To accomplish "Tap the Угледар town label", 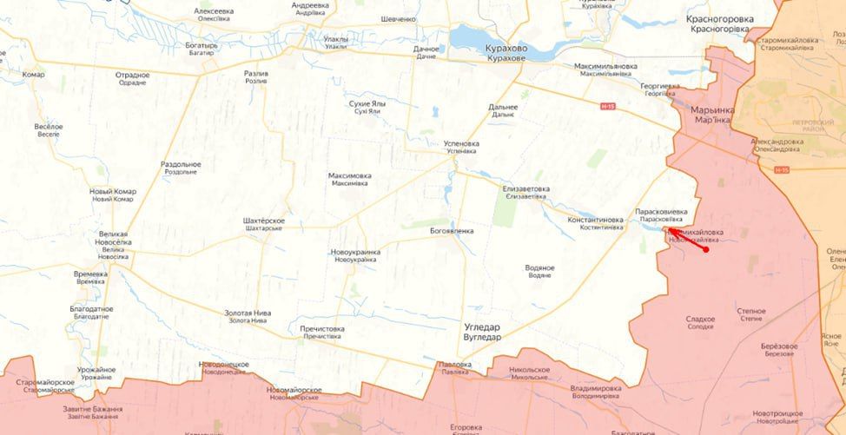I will pos(482,327).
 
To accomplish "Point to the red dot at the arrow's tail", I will pos(706,249).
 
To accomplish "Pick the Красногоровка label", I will pos(717,18).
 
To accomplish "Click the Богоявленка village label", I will pos(452,231).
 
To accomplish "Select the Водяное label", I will pos(539,267).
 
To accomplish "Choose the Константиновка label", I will pos(595,220).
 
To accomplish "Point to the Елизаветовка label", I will pos(525,188).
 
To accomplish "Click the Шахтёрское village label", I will pos(263,221).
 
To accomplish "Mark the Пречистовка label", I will pos(321,329).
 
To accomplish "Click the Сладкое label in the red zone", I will pos(700,320).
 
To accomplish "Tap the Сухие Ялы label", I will pos(367,103).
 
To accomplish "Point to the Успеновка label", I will pos(461,143).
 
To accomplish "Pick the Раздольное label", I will pos(181,164).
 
